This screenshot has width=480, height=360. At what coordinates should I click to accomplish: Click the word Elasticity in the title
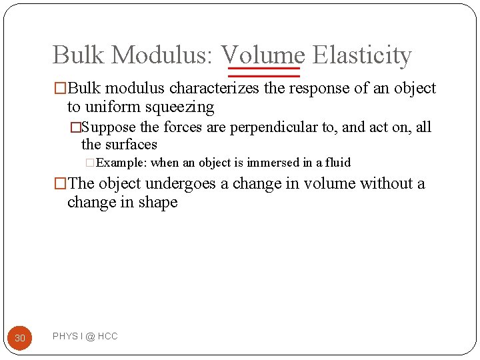(x=362, y=55)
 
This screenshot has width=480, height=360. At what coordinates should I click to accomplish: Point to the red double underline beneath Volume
(x=265, y=72)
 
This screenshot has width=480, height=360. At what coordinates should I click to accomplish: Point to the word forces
(x=183, y=127)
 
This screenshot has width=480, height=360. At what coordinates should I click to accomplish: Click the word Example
(x=122, y=163)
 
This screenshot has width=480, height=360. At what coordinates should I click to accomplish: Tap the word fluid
(x=338, y=163)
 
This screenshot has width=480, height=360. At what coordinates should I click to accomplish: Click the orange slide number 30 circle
(x=20, y=338)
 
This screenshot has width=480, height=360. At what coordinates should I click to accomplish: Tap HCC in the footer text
(x=107, y=337)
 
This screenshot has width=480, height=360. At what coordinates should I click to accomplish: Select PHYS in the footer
(x=65, y=337)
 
